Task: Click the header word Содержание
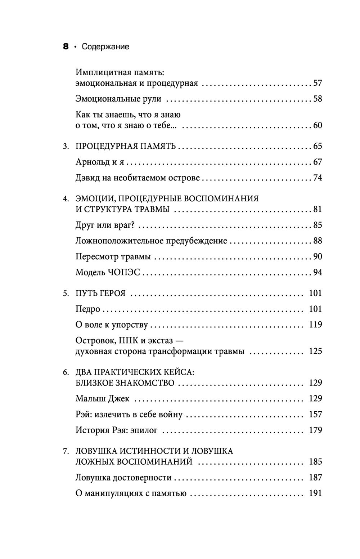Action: (x=105, y=47)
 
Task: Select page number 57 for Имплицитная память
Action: (x=318, y=83)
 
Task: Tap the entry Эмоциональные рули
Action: (x=118, y=99)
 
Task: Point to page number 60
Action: (x=318, y=125)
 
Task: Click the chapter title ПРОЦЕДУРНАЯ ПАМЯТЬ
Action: (x=126, y=146)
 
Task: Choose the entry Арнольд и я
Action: (x=100, y=162)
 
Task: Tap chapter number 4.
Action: (x=66, y=199)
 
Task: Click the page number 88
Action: (x=318, y=241)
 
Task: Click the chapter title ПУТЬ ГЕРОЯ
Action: (x=100, y=293)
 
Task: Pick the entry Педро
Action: (x=88, y=309)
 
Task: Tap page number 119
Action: (x=315, y=325)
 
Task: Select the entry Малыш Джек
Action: (x=103, y=398)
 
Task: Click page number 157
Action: (x=315, y=414)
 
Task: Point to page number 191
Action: (x=315, y=493)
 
